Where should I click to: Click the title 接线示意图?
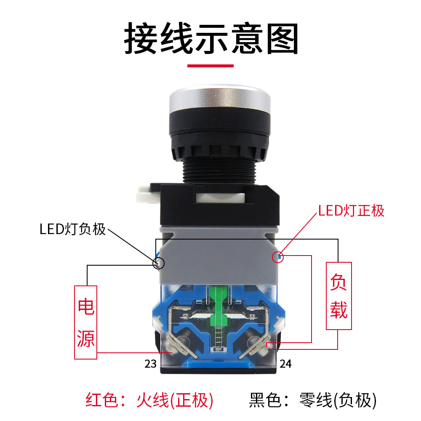211,39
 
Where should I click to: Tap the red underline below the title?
210,66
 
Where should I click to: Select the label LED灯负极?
72,230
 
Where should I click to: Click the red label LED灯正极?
351,210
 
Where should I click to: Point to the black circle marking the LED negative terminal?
158,264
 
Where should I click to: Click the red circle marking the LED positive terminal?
278,256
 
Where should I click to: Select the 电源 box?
86,322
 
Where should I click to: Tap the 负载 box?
338,296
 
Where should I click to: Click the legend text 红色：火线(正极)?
149,400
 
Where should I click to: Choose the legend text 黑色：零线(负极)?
312,400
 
